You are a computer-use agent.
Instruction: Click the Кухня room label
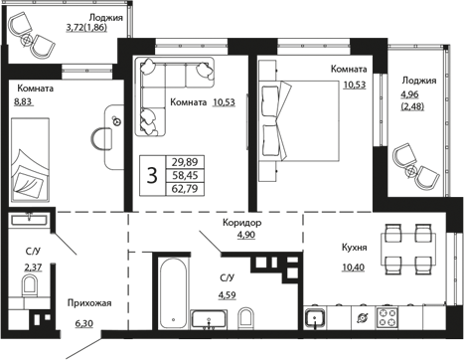point(354,248)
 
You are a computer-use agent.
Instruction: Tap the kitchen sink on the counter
point(315,318)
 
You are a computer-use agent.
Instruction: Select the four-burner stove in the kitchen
point(387,317)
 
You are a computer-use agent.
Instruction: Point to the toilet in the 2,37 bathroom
point(30,286)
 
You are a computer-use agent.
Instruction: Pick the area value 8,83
point(23,101)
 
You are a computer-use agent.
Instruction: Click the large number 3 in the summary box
point(152,176)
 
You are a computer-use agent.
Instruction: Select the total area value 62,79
point(185,189)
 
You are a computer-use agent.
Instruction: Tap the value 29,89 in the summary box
point(185,162)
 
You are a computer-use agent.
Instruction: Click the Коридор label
point(241,223)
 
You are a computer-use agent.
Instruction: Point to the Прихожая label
point(89,302)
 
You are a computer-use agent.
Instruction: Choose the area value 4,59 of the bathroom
point(227,294)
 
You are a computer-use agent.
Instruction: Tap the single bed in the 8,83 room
point(31,159)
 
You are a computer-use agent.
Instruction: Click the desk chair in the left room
point(101,139)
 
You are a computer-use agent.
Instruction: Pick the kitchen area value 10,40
point(353,267)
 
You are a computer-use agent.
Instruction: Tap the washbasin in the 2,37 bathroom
point(29,219)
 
